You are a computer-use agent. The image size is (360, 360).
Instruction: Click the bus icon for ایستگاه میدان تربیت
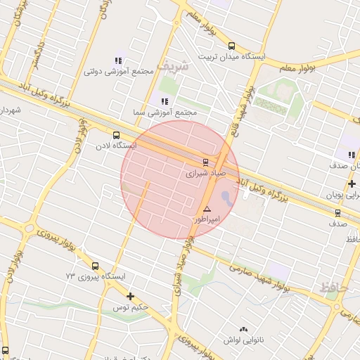(232, 46)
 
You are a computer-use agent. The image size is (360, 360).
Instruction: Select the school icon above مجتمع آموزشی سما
(165, 102)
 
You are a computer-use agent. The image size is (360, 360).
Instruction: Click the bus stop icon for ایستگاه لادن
(116, 135)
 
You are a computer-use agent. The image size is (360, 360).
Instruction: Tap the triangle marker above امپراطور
(207, 209)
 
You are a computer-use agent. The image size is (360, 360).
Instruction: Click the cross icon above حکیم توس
(130, 296)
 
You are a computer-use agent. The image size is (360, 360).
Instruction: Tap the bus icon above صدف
(337, 212)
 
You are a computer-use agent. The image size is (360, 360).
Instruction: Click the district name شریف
(173, 65)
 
